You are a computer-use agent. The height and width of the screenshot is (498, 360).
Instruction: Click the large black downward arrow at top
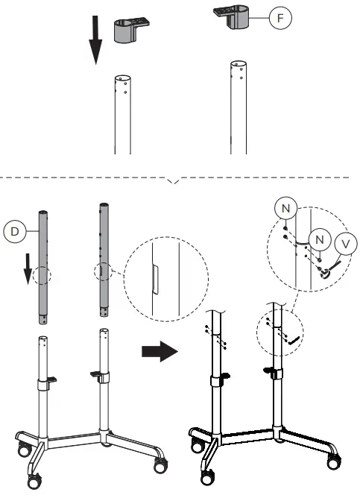[x=95, y=42]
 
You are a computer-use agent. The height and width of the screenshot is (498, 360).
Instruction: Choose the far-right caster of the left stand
[x=161, y=464]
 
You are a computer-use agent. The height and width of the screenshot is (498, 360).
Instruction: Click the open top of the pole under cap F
[x=236, y=65]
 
